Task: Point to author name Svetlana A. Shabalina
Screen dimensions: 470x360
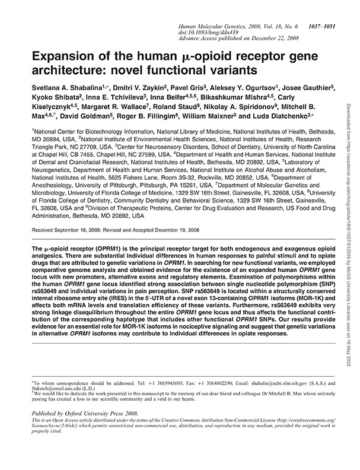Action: coord(63,89)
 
